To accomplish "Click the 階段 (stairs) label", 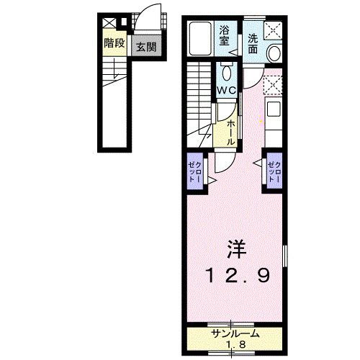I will coord(114,43).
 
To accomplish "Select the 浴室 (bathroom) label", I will coord(225,36).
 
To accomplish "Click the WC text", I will coord(228,90).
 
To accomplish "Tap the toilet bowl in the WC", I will coord(226,72).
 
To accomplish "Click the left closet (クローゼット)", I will coord(196,174).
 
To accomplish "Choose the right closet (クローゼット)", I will coord(274,173).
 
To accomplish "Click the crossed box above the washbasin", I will coord(274,31).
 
